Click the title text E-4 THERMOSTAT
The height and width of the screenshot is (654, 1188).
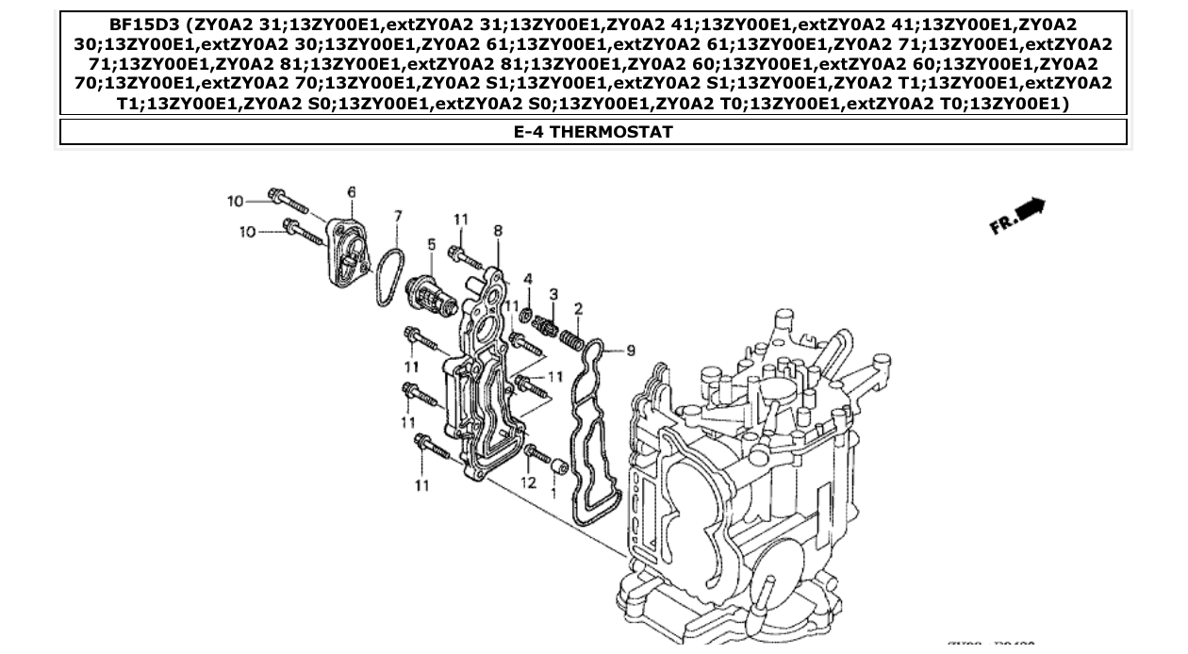tap(593, 132)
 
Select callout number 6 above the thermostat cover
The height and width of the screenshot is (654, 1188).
tap(352, 192)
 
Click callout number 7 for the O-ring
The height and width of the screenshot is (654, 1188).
tap(398, 217)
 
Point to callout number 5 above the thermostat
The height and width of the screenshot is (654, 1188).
tap(432, 245)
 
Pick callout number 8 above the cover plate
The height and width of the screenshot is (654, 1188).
tap(498, 231)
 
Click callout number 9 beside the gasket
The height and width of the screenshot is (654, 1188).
tap(631, 351)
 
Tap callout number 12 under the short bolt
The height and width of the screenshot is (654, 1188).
tap(528, 482)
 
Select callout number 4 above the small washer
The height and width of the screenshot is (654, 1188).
tap(528, 279)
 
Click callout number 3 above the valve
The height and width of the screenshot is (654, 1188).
tap(553, 295)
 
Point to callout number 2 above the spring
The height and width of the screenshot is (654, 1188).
tap(578, 308)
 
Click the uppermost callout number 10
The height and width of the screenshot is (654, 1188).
tap(235, 201)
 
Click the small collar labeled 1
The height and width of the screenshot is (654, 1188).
tap(558, 465)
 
